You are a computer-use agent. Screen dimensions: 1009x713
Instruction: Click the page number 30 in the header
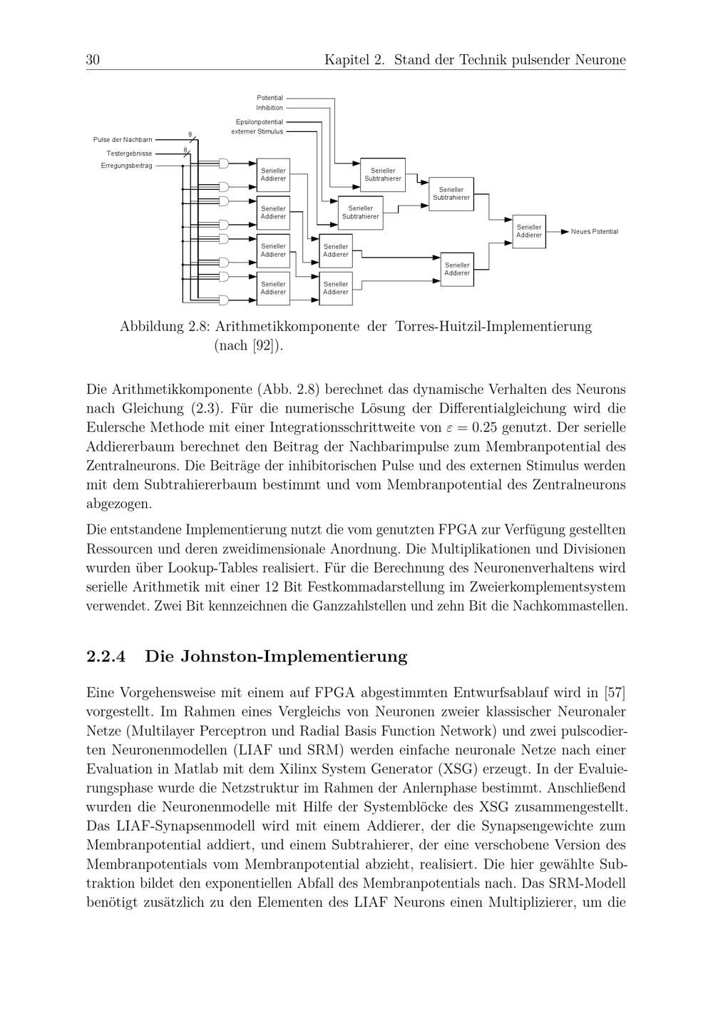pos(93,60)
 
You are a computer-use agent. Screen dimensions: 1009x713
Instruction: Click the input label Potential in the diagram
pos(270,98)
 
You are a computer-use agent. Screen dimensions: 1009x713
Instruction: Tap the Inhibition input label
pos(270,108)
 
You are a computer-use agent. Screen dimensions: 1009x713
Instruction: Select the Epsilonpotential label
pos(259,122)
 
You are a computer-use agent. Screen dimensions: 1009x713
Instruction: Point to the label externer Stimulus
pos(257,131)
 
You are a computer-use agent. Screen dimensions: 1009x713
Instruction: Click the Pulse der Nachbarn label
pos(123,140)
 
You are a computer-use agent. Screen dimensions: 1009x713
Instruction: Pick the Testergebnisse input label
pos(129,153)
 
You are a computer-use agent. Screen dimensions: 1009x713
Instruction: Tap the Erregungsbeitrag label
pos(126,166)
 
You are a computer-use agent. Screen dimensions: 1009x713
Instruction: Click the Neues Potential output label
pos(595,232)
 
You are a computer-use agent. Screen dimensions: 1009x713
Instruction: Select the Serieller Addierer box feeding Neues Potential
pos(529,231)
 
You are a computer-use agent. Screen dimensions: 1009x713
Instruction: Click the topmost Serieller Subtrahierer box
pos(383,175)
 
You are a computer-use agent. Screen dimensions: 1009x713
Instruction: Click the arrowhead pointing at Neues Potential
pos(565,232)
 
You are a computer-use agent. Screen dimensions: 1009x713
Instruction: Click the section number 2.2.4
pos(106,656)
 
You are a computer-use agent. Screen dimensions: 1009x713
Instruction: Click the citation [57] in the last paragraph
pos(615,693)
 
